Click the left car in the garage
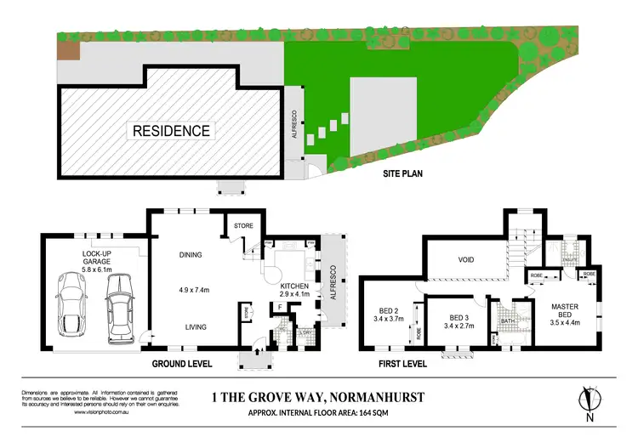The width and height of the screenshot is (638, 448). click(70, 303)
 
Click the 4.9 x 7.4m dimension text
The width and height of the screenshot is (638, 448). click(192, 286)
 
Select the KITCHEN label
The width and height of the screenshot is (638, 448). click(293, 284)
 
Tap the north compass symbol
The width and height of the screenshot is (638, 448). click(586, 400)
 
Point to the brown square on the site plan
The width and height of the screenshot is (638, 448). click(66, 50)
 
